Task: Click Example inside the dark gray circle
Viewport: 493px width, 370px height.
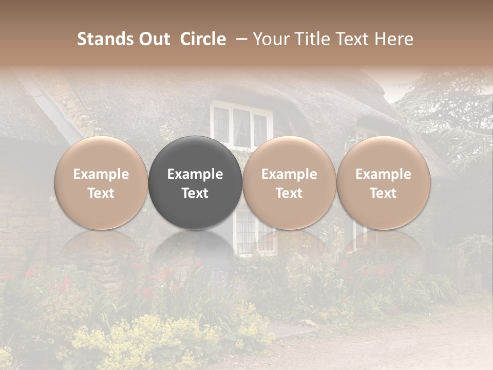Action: point(195,174)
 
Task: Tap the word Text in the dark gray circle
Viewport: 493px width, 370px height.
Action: point(195,193)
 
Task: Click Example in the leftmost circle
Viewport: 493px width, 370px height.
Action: point(101,174)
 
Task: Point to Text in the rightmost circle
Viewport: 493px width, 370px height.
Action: point(383,193)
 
